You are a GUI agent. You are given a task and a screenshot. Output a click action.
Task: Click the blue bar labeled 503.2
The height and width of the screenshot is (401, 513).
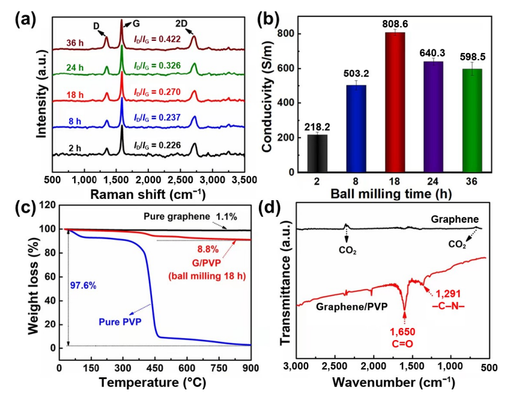point(353,128)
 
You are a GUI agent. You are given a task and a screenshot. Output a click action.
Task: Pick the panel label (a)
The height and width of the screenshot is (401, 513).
point(27,18)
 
